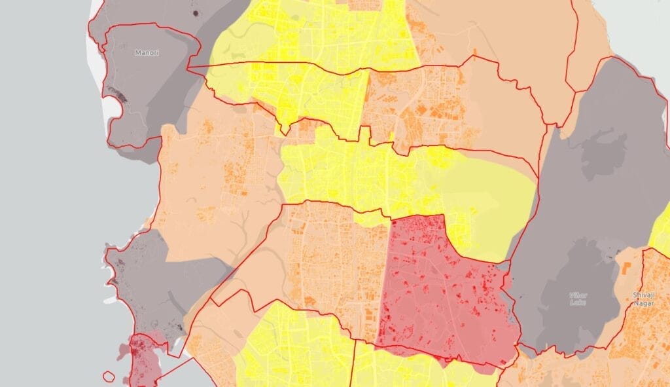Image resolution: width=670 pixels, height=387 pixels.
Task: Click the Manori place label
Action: [x=147, y=52]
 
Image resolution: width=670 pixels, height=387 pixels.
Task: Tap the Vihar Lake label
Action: [x=578, y=299]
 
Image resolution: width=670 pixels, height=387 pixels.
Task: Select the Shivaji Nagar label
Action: [x=644, y=299]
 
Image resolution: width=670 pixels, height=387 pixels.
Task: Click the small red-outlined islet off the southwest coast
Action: [x=109, y=377]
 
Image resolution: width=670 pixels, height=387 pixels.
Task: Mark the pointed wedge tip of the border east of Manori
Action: [x=189, y=67]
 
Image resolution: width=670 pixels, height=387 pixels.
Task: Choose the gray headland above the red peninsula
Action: [x=141, y=282]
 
